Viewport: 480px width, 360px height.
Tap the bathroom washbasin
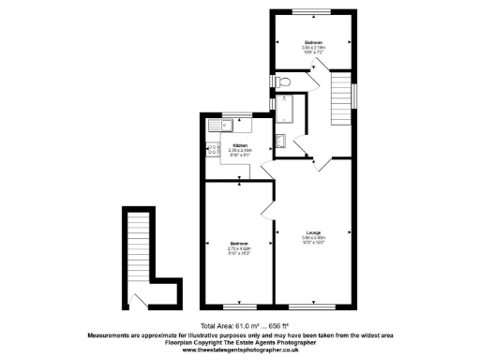point(282,142)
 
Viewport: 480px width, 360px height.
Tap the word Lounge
point(313,232)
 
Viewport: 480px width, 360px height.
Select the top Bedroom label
point(313,42)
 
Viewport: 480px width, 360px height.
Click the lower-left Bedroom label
point(238,244)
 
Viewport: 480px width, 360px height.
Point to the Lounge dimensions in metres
point(313,238)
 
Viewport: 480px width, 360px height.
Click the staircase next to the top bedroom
point(340,102)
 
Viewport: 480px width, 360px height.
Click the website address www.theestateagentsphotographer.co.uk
point(240,350)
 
